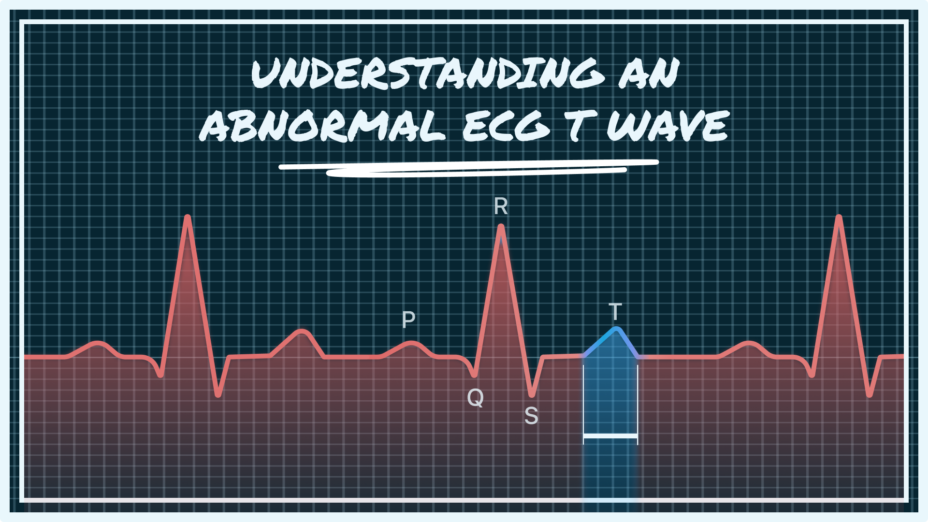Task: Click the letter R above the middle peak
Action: [501, 206]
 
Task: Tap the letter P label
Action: [408, 319]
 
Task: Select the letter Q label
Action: [475, 398]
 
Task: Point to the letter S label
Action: [531, 416]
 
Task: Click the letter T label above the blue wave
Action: [615, 312]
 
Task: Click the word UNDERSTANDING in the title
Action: [428, 73]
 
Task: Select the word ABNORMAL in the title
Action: [322, 125]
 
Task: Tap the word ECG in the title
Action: [506, 125]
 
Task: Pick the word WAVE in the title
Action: [667, 125]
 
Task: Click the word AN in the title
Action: [649, 73]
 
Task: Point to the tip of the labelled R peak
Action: [501, 226]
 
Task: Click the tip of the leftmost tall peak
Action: [188, 217]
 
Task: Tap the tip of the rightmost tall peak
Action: [839, 217]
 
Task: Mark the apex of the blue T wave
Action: [617, 330]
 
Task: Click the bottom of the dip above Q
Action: [474, 375]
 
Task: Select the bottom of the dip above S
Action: [532, 394]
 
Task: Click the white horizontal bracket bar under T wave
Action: [610, 436]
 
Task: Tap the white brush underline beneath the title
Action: [468, 168]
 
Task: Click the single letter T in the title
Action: [578, 125]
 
